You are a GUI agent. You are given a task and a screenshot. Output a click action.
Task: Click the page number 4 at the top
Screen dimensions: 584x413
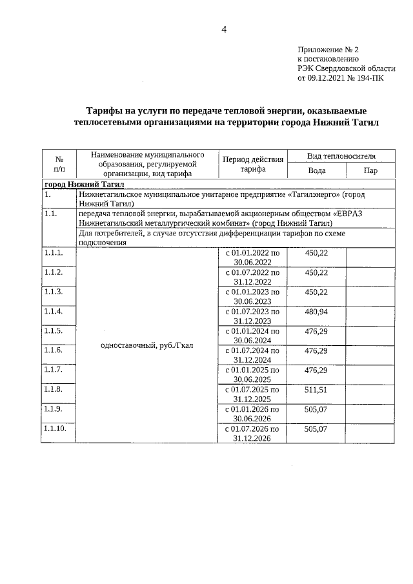click(224, 29)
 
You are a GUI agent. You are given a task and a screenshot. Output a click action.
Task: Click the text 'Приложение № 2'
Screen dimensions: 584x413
click(328, 50)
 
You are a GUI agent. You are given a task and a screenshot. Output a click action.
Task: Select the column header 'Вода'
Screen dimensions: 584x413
click(316, 170)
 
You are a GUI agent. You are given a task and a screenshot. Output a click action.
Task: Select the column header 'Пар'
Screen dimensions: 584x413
click(370, 170)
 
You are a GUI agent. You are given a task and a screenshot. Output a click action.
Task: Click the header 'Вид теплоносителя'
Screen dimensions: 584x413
click(341, 156)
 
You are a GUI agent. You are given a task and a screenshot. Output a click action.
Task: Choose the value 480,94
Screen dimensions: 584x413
click(316, 312)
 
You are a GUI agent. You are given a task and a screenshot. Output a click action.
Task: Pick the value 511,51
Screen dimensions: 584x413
click(316, 390)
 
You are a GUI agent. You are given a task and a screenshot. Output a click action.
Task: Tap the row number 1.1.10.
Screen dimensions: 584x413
click(55, 428)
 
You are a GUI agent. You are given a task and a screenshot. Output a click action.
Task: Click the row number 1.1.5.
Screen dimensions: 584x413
click(54, 331)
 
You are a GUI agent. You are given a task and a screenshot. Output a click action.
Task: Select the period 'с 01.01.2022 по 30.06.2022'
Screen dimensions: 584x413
click(252, 257)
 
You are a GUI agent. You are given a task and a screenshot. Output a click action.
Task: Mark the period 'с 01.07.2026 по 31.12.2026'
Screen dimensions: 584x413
click(252, 433)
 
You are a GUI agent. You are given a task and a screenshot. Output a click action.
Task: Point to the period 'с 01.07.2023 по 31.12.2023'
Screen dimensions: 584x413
click(252, 316)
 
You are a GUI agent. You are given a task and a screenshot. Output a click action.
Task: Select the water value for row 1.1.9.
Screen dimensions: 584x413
click(316, 409)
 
